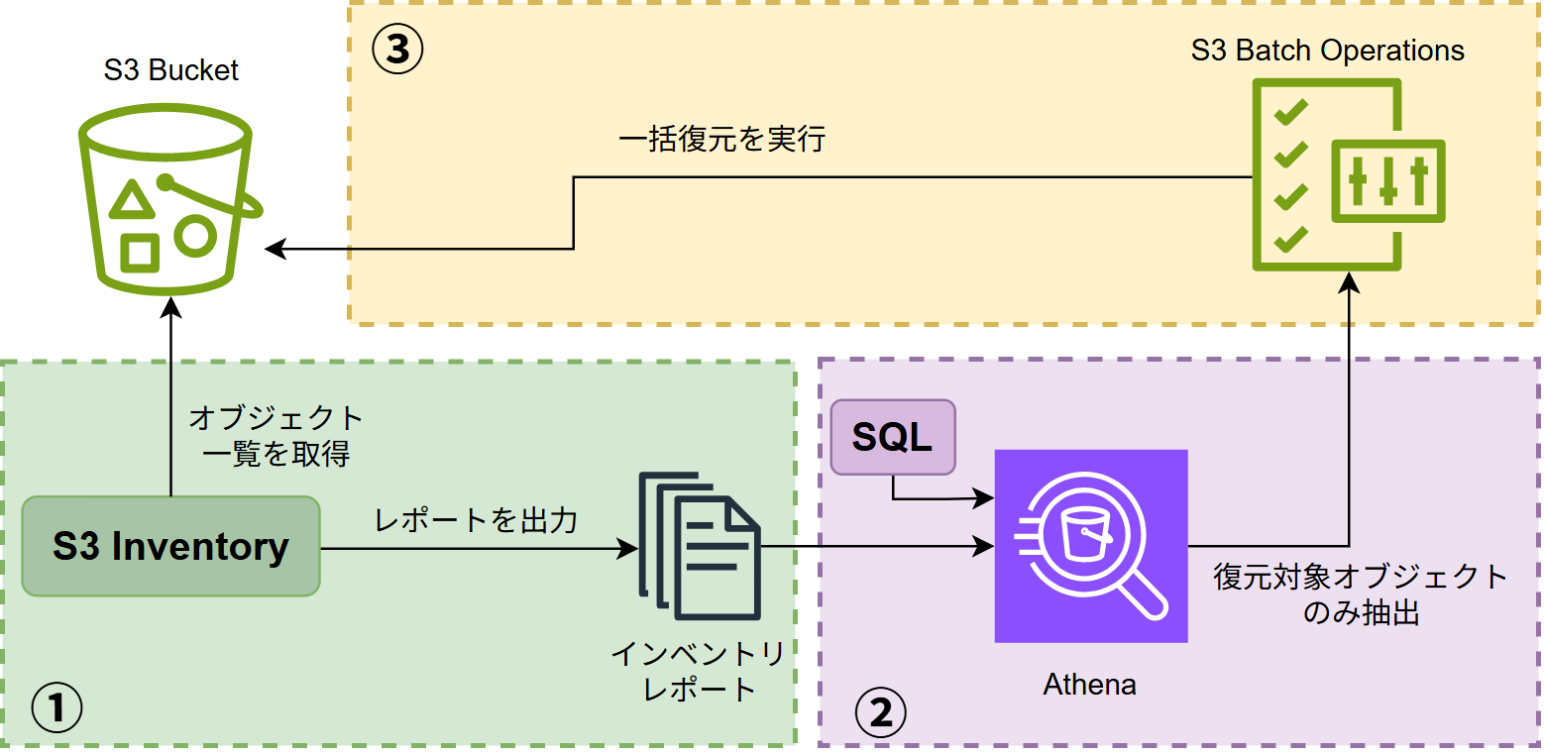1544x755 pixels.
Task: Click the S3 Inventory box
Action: [x=170, y=546]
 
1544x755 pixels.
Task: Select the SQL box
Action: [x=893, y=437]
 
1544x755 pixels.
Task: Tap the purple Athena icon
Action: [x=1090, y=546]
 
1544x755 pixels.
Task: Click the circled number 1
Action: [x=55, y=708]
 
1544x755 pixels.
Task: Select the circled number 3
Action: [x=397, y=50]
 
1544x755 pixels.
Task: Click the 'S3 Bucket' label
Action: [x=171, y=70]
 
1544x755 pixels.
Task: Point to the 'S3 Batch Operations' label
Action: [x=1328, y=51]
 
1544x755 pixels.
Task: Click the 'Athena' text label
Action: [x=1089, y=684]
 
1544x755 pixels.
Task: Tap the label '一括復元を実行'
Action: [x=721, y=140]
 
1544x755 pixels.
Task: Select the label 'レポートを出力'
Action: [x=476, y=520]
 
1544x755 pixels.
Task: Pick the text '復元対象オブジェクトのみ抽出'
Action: [x=1361, y=594]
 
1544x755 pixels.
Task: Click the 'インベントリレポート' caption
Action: [x=699, y=671]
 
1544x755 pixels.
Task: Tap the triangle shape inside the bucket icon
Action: [x=132, y=200]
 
